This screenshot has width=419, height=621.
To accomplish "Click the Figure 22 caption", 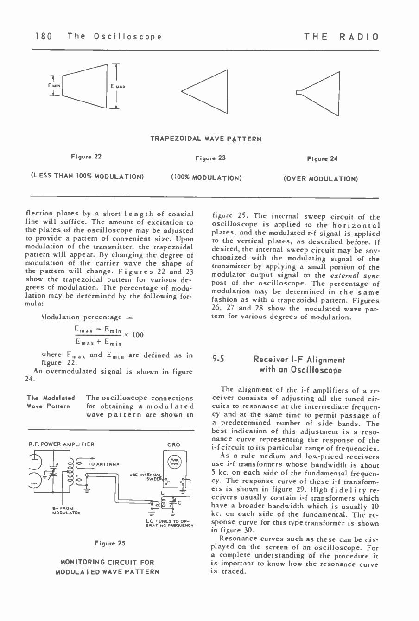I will pos(86,157).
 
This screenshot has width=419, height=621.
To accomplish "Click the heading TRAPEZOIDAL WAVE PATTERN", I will pos(206,139).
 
